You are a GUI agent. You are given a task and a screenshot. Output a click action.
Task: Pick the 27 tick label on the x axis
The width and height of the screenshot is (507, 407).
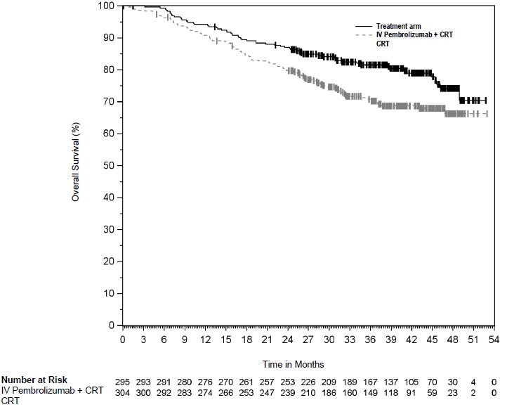tap(309, 339)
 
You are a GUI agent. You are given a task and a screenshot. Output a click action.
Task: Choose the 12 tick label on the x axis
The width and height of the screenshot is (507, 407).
tap(206, 339)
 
